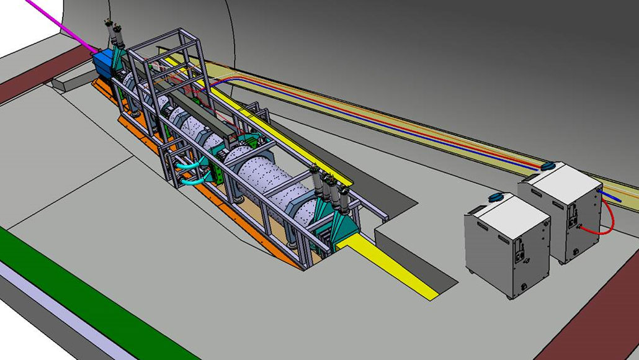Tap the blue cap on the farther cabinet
(548, 166)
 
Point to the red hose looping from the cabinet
(608, 217)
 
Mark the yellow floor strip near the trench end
(397, 267)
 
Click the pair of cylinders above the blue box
(117, 34)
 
